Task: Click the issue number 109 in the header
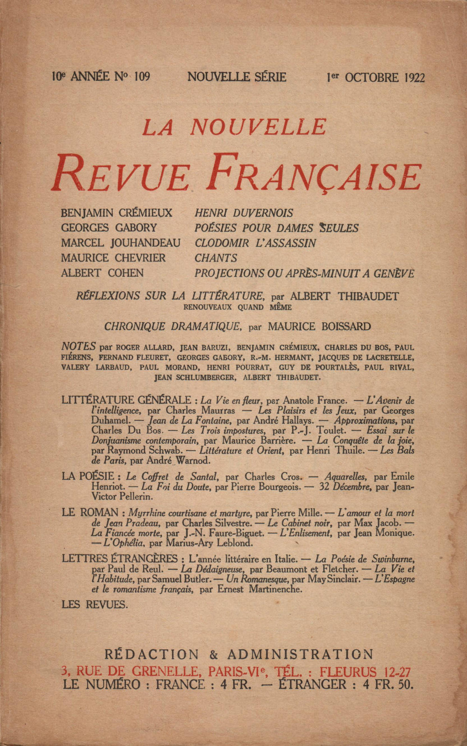[x=142, y=77]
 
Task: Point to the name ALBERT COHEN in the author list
[x=102, y=273]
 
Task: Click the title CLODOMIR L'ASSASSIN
[x=255, y=243]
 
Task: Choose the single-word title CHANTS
[x=216, y=258]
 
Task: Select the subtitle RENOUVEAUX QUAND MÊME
[x=237, y=307]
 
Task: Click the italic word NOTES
[x=78, y=347]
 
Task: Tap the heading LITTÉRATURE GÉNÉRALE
[x=126, y=400]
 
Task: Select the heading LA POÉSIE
[x=88, y=476]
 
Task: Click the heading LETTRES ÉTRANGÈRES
[x=120, y=559]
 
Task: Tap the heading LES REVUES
[x=94, y=604]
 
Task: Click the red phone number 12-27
[x=396, y=672]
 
